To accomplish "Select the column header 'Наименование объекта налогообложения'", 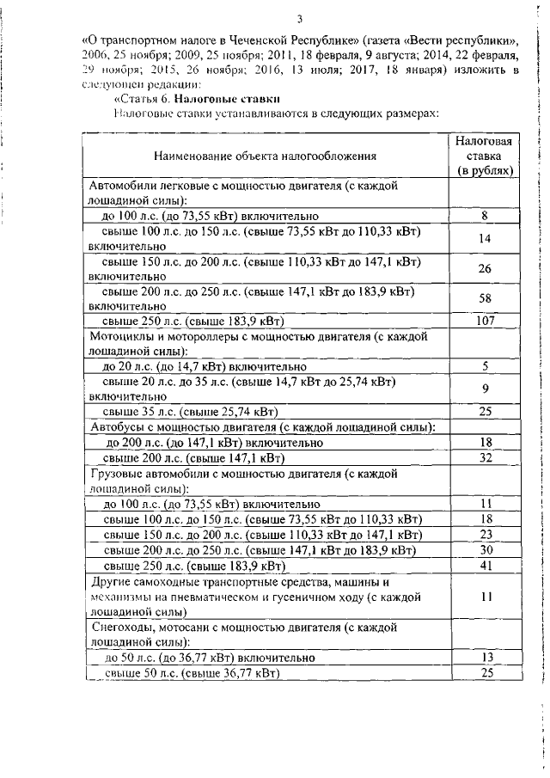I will click(x=266, y=156).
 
